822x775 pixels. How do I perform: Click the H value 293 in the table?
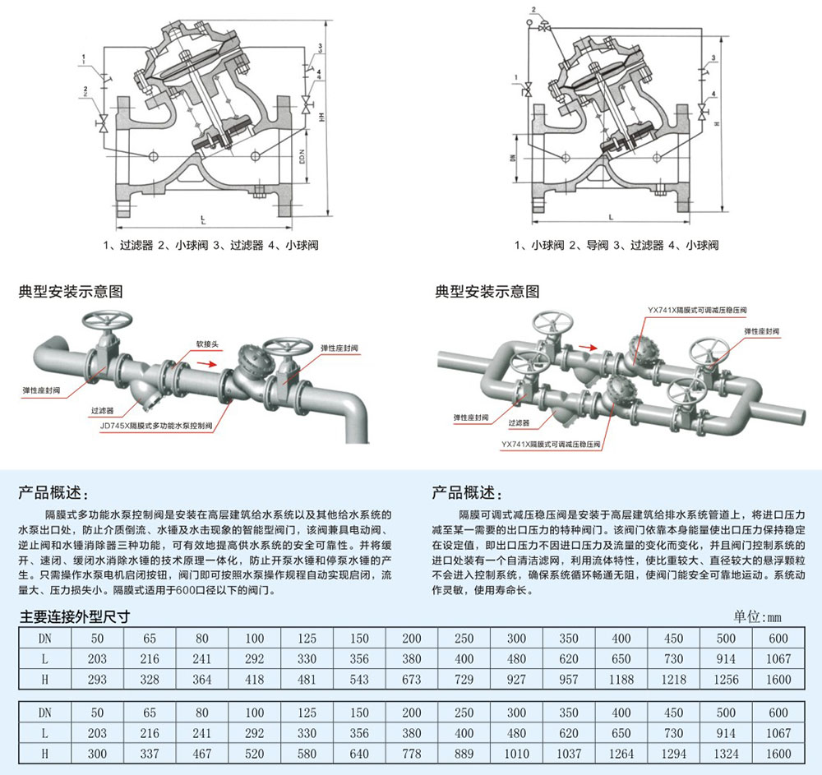97,680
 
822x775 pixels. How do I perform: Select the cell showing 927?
516,680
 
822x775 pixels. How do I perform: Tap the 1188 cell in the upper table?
621,680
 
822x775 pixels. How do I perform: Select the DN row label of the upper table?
44,639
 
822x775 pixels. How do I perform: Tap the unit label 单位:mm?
763,616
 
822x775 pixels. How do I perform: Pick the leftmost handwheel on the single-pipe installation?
107,321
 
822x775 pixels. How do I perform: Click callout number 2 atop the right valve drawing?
533,9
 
